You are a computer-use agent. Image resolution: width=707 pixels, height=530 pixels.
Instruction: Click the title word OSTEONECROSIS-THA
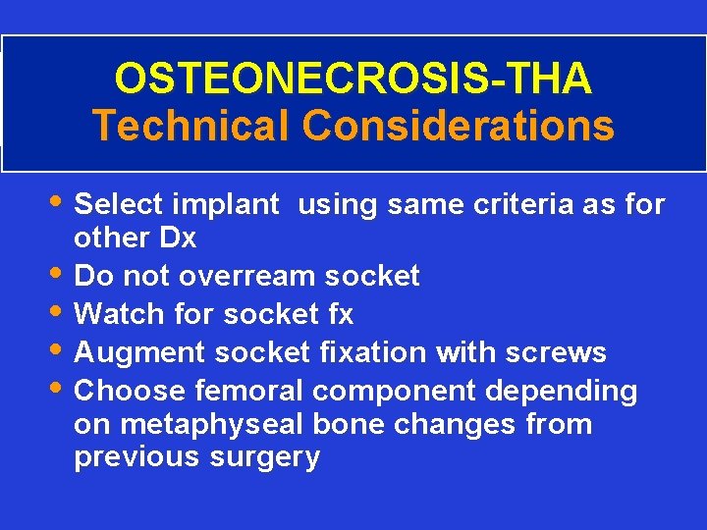pyautogui.click(x=353, y=79)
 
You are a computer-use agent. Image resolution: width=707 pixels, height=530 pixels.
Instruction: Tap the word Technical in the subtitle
pyautogui.click(x=190, y=126)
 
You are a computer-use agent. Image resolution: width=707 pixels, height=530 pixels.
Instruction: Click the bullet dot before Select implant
pyautogui.click(x=61, y=203)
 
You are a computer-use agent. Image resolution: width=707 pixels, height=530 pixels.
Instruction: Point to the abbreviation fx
pyautogui.click(x=340, y=314)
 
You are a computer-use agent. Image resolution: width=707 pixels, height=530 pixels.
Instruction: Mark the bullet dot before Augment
pyautogui.click(x=61, y=349)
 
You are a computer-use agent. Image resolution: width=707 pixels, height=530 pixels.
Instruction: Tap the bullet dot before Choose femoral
pyautogui.click(x=61, y=388)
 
